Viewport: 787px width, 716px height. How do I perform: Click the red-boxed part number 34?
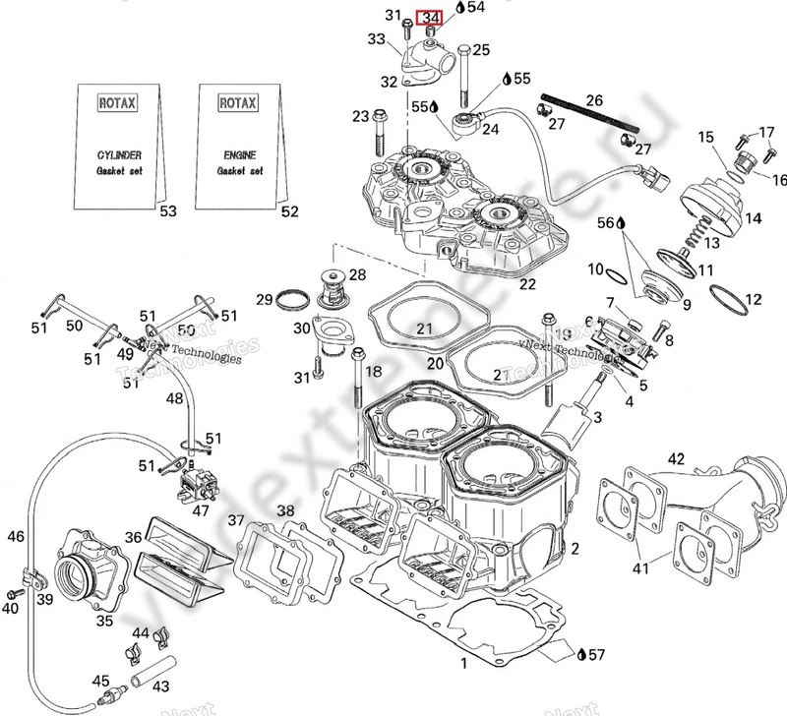(x=430, y=18)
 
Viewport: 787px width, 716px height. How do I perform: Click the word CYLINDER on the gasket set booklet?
(x=118, y=154)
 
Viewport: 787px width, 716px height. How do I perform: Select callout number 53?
(x=168, y=211)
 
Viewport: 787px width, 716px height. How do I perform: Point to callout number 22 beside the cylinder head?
(x=527, y=284)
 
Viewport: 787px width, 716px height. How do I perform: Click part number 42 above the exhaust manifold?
(x=676, y=459)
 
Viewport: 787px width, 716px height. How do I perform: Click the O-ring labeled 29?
(x=291, y=298)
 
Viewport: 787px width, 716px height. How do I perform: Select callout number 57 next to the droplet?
(x=597, y=653)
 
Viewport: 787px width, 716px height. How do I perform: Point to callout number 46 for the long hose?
(x=15, y=537)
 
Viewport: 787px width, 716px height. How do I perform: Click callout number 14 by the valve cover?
(x=753, y=216)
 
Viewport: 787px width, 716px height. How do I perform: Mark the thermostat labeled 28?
(x=332, y=284)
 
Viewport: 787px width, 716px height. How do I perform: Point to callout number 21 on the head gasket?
(x=424, y=328)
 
